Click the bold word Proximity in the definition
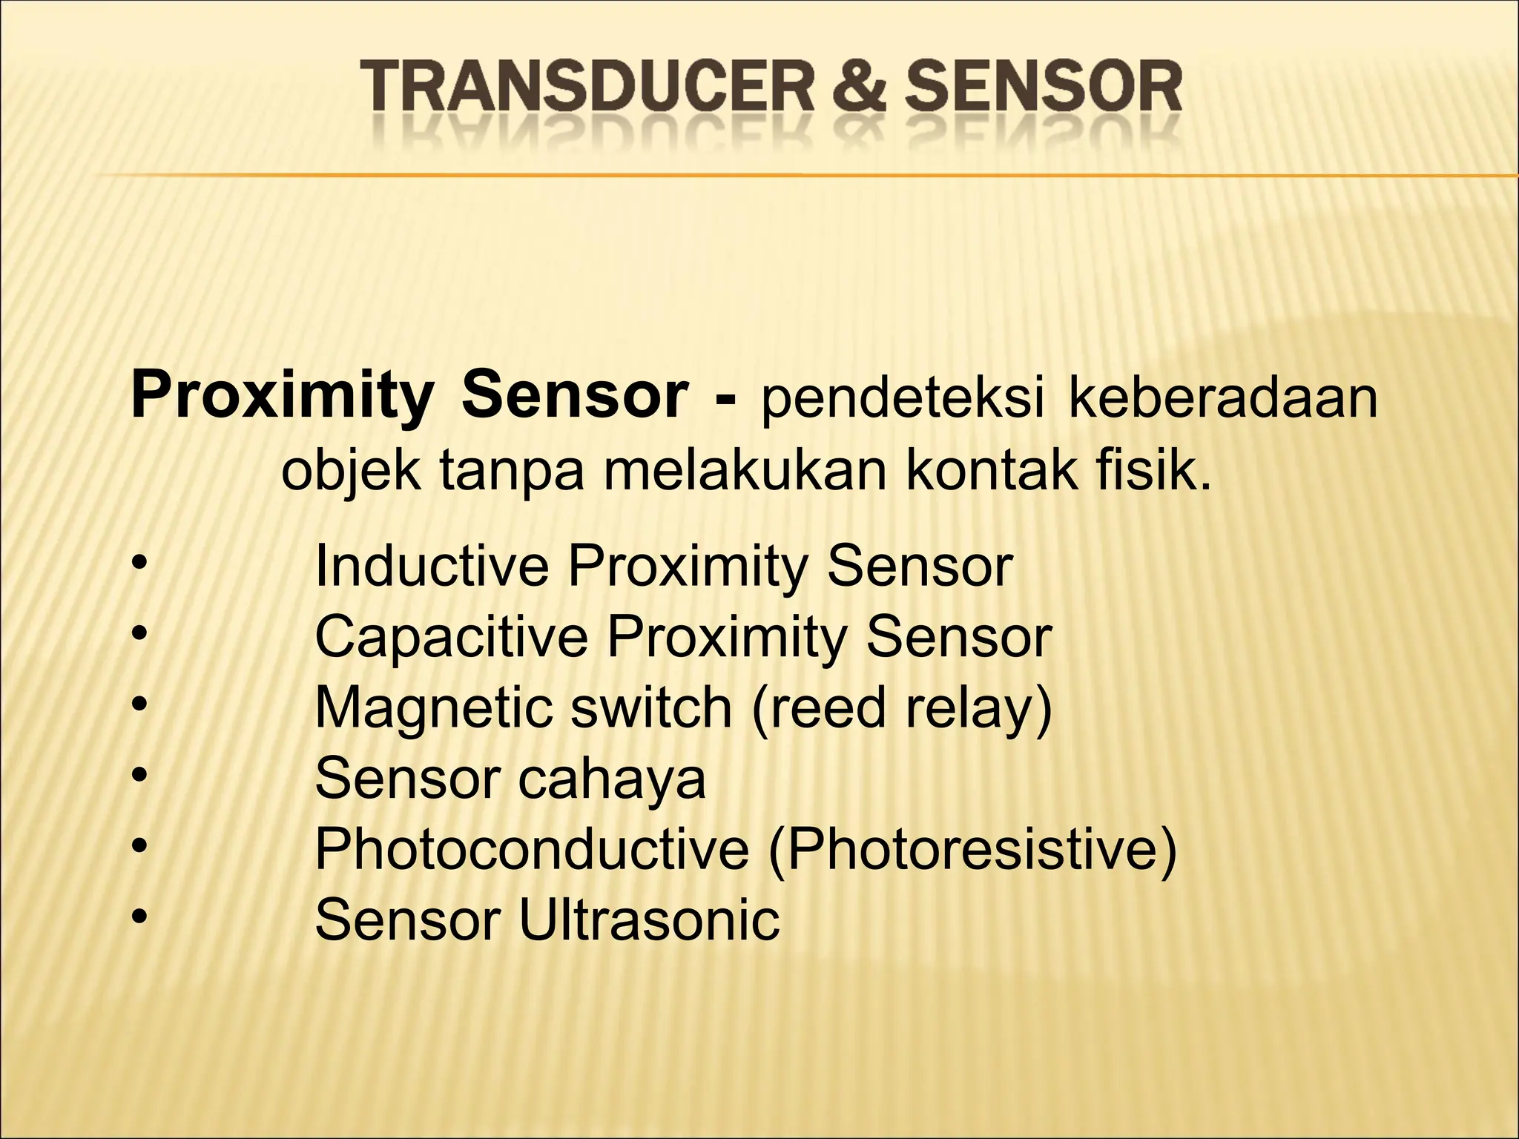tap(281, 397)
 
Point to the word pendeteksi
tap(902, 397)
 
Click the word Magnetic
tap(433, 708)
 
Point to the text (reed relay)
tap(901, 708)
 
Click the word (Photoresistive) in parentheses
tap(972, 849)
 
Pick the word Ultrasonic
tap(649, 920)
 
